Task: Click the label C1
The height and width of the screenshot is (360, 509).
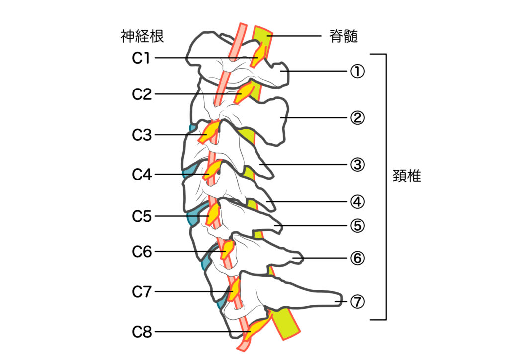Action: click(x=141, y=58)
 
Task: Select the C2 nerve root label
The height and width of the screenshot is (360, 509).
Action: click(x=142, y=94)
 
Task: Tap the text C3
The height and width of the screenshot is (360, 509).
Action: click(x=142, y=135)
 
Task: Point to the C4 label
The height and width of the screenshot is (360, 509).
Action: click(x=142, y=175)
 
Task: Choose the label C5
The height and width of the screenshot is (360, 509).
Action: click(x=142, y=216)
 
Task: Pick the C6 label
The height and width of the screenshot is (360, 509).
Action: click(x=142, y=252)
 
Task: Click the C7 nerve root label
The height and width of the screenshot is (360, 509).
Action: click(x=142, y=292)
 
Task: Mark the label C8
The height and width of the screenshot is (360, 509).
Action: click(x=142, y=332)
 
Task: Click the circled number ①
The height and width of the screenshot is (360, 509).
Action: click(x=357, y=72)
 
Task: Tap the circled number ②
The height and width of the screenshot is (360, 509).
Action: click(x=357, y=118)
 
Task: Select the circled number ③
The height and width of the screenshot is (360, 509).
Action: click(x=357, y=165)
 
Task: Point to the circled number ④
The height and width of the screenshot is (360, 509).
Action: click(x=357, y=202)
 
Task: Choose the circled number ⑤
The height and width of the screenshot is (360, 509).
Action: click(x=357, y=226)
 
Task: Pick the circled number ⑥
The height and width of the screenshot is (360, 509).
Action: click(x=357, y=258)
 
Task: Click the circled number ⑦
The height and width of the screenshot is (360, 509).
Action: click(x=357, y=301)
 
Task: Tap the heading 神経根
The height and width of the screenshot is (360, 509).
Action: click(x=142, y=36)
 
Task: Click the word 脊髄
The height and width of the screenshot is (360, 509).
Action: click(x=343, y=36)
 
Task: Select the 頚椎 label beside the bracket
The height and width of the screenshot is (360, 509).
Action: click(x=406, y=177)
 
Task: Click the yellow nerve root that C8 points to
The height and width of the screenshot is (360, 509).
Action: click(x=257, y=329)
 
